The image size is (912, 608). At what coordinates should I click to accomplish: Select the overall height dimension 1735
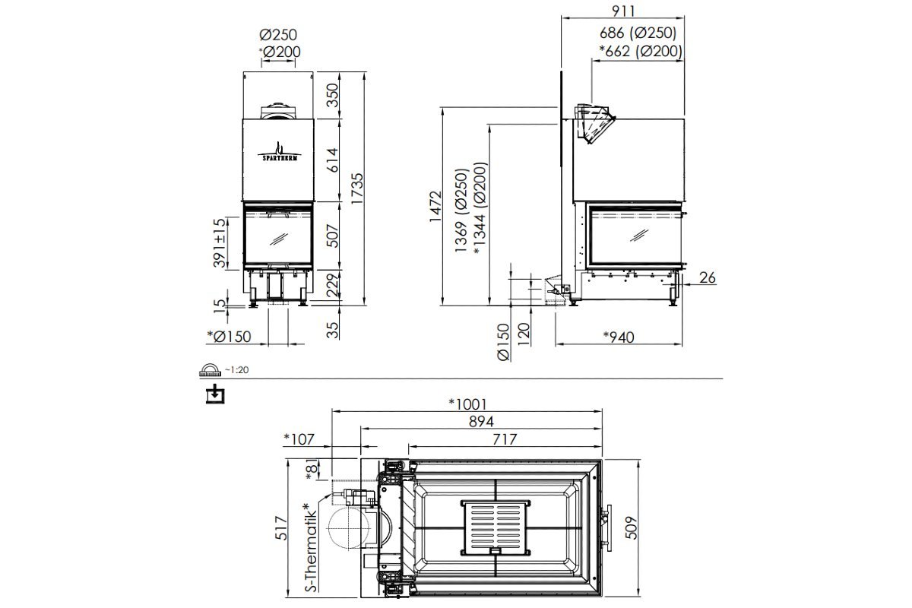pyautogui.click(x=357, y=188)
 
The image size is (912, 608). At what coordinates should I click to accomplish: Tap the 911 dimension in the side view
pyautogui.click(x=623, y=11)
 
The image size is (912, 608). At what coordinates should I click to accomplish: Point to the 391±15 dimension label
pyautogui.click(x=219, y=242)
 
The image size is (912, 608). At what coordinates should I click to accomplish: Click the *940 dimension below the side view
pyautogui.click(x=619, y=337)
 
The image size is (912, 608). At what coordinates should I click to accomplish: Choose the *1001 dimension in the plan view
pyautogui.click(x=468, y=404)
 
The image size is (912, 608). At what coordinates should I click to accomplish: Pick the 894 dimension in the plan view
pyautogui.click(x=481, y=422)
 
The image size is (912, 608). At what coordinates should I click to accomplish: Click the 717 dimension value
pyautogui.click(x=505, y=439)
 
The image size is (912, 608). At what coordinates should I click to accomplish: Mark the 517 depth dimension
pyautogui.click(x=281, y=527)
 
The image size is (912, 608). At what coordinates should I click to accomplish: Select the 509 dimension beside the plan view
pyautogui.click(x=631, y=527)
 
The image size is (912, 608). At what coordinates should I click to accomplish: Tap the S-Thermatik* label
pyautogui.click(x=310, y=547)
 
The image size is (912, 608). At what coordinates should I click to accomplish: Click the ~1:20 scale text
pyautogui.click(x=236, y=370)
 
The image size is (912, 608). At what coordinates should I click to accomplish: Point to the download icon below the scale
pyautogui.click(x=215, y=394)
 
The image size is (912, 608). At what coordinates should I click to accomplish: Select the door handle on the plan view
pyautogui.click(x=606, y=527)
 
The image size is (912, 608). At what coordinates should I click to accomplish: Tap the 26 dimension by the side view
pyautogui.click(x=708, y=277)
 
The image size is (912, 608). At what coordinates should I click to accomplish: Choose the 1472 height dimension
pyautogui.click(x=435, y=206)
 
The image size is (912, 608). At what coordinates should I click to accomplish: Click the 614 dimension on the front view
pyautogui.click(x=333, y=160)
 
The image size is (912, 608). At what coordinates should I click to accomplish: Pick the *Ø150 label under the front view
pyautogui.click(x=229, y=337)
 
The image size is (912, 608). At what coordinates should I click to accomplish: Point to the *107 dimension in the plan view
pyautogui.click(x=299, y=439)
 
